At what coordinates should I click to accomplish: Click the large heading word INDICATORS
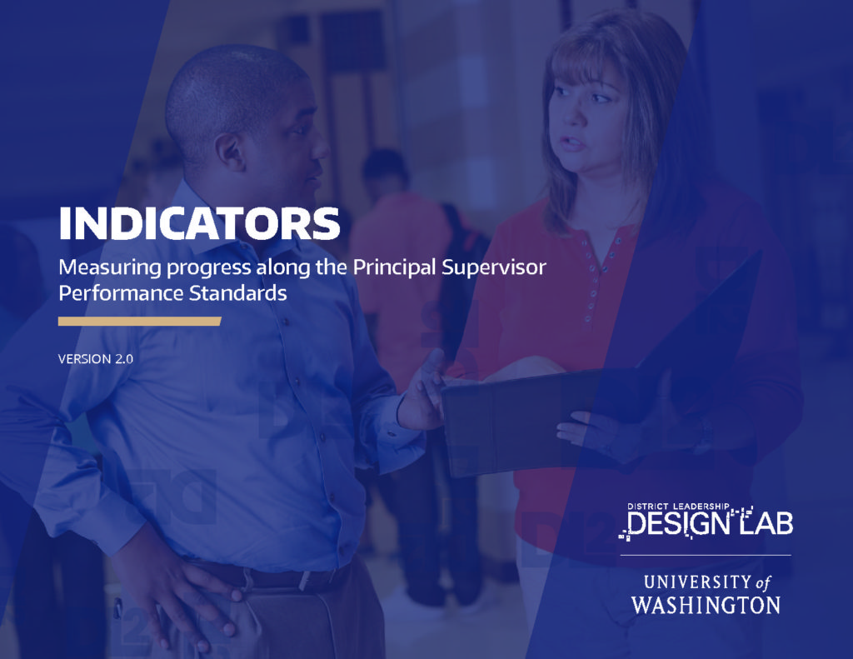(x=199, y=223)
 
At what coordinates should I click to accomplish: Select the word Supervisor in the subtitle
(x=494, y=267)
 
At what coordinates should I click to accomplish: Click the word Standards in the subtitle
(x=237, y=293)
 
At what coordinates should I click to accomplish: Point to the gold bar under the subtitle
(x=139, y=321)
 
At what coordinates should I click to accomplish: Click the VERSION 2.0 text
(x=96, y=359)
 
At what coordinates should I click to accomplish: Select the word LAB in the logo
(x=767, y=522)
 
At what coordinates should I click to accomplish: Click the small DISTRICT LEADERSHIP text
(x=677, y=507)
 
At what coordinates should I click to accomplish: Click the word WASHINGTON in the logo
(x=706, y=605)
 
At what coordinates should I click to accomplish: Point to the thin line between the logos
(x=706, y=555)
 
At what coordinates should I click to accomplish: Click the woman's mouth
(x=571, y=143)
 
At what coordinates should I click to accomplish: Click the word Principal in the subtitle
(x=395, y=267)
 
